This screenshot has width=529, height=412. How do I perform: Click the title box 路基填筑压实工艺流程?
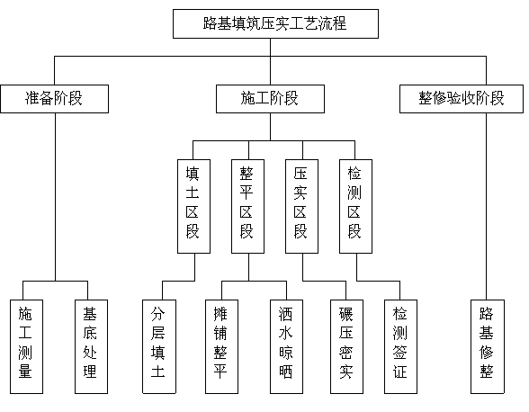tap(275, 23)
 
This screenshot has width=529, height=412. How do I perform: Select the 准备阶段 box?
tap(54, 99)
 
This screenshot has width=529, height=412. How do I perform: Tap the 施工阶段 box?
tap(270, 99)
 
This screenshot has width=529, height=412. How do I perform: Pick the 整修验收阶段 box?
tap(462, 99)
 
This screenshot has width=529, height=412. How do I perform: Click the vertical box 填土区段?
tap(193, 206)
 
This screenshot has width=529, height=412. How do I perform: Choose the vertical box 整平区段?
tap(247, 206)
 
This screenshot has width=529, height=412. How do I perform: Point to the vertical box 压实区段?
tap(301, 206)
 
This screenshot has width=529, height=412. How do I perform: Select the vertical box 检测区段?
tap(355, 206)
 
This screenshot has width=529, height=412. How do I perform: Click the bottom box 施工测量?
tap(26, 346)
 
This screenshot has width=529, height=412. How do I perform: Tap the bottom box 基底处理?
tap(91, 346)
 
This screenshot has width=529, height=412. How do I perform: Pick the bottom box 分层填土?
tap(159, 346)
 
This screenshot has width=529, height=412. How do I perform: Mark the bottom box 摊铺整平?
tap(221, 346)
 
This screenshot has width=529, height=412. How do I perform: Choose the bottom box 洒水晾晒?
tap(286, 346)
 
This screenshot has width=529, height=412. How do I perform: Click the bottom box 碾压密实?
tap(347, 346)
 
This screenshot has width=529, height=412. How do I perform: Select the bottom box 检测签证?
tap(401, 346)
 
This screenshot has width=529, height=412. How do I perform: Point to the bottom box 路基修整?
tap(488, 346)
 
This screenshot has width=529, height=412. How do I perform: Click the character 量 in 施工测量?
tap(25, 372)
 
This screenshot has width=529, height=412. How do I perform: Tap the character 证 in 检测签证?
tap(400, 372)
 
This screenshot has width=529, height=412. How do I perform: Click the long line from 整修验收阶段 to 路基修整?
tap(486, 206)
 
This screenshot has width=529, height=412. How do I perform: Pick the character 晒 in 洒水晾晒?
tap(286, 372)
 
